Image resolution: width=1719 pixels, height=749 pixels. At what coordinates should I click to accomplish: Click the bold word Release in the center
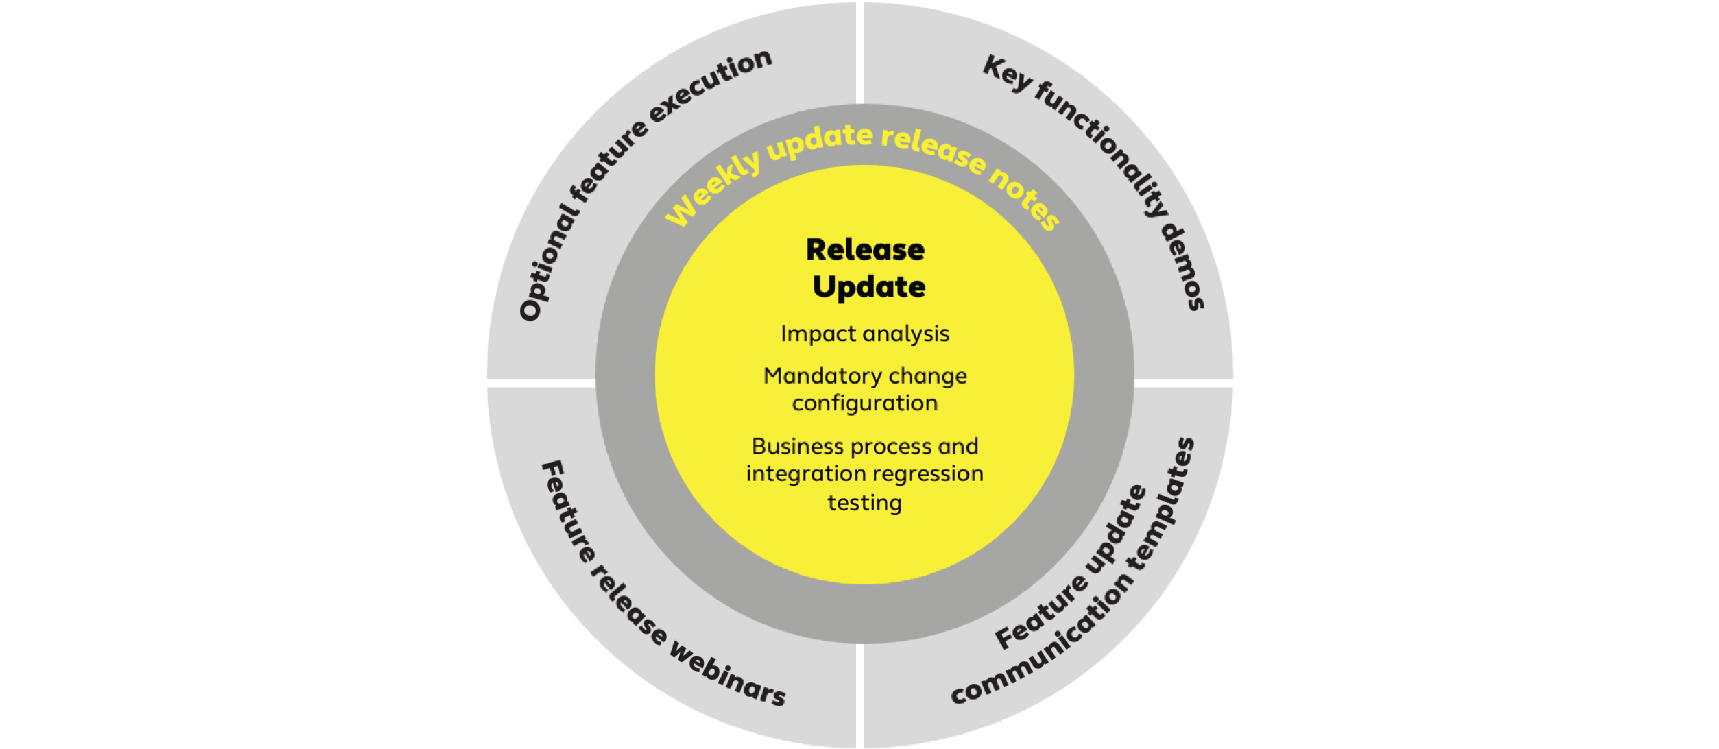[865, 249]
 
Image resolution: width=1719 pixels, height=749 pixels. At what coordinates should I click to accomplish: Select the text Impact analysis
[865, 333]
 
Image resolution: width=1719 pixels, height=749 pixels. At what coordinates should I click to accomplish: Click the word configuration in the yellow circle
[865, 404]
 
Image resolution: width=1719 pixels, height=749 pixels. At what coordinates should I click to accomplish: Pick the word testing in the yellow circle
[865, 503]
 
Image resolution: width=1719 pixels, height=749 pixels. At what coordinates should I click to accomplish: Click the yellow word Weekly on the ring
[713, 190]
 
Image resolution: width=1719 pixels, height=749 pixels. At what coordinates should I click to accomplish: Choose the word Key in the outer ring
[1008, 74]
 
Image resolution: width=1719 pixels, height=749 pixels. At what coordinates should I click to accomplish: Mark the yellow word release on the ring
[934, 151]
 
